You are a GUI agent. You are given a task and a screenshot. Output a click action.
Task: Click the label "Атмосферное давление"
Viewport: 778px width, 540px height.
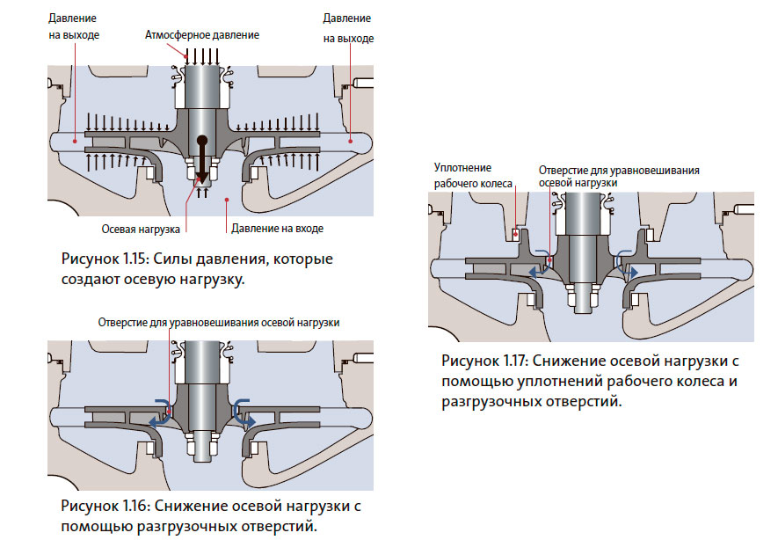pyautogui.click(x=203, y=34)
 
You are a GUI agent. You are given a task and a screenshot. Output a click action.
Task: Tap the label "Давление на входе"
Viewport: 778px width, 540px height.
pyautogui.click(x=277, y=229)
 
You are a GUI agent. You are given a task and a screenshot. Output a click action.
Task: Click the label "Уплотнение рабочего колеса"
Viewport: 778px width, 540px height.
pyautogui.click(x=462, y=176)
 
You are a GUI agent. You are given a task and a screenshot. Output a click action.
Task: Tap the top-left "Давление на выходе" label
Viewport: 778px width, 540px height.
pyautogui.click(x=73, y=26)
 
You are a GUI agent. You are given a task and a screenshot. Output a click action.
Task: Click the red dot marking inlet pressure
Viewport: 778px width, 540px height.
pyautogui.click(x=226, y=200)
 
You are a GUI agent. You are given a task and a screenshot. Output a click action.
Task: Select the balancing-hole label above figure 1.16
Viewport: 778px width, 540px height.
pyautogui.click(x=219, y=322)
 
